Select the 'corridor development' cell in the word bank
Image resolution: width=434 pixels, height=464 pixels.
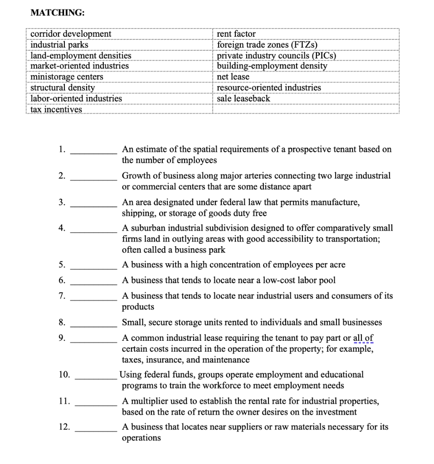pos(71,34)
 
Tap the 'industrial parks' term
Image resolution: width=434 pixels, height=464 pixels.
pos(59,45)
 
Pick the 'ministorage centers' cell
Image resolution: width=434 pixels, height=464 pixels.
pos(67,77)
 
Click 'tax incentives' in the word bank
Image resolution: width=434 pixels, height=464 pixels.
pos(56,109)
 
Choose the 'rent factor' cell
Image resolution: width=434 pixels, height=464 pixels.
pos(236,34)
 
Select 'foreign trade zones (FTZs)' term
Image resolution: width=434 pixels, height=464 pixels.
pos(267,45)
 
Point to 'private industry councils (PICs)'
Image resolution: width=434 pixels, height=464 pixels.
pos(277,55)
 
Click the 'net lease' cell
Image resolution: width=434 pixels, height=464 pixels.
pos(233,77)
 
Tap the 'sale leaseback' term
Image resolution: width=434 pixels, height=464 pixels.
pos(244,98)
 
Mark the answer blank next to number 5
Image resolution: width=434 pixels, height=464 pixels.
pos(93,269)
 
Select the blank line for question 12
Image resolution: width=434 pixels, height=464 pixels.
pos(96,431)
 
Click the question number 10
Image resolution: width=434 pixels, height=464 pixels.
pos(64,374)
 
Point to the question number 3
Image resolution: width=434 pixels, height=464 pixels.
pos(62,202)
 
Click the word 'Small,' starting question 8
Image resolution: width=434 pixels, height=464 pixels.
pos(133,323)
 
